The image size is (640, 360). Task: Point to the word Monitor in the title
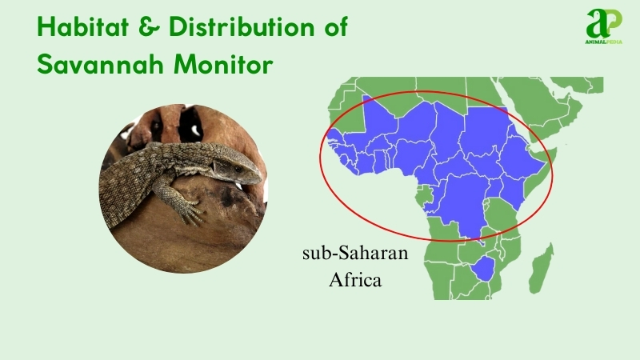pos(224,65)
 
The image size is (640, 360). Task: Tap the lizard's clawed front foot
pos(188,212)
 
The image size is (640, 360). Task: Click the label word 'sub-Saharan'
pos(355,254)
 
